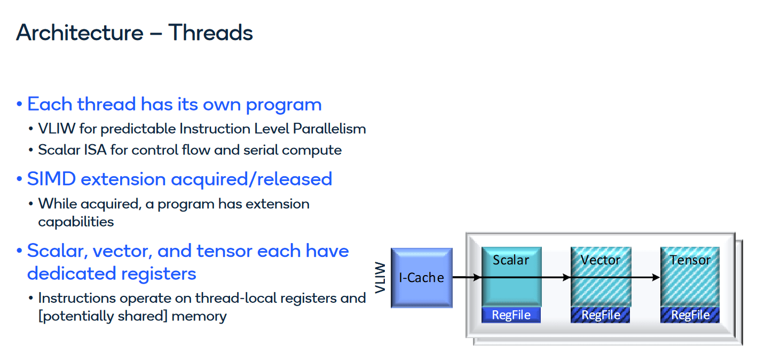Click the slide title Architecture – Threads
pyautogui.click(x=135, y=33)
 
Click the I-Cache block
pyautogui.click(x=421, y=277)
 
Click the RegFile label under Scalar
pyautogui.click(x=511, y=315)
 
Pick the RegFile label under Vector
pyautogui.click(x=601, y=315)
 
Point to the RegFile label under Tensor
pyautogui.click(x=690, y=315)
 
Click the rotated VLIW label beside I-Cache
pyautogui.click(x=380, y=277)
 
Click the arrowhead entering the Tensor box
pyautogui.click(x=656, y=277)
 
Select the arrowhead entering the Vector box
pyautogui.click(x=566, y=277)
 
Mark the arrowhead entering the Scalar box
pyautogui.click(x=477, y=277)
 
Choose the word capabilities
pyautogui.click(x=76, y=222)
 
